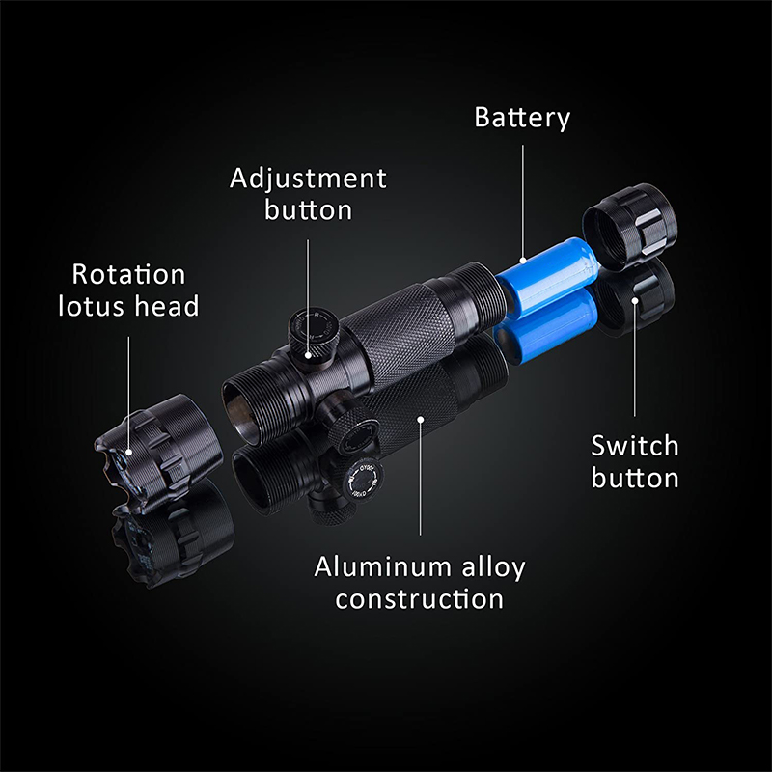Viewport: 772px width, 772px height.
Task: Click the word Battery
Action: pyautogui.click(x=522, y=118)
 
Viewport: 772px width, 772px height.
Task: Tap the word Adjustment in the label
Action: pyautogui.click(x=308, y=179)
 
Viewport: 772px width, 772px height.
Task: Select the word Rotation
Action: pyautogui.click(x=128, y=274)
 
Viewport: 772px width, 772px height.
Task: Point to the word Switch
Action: pyautogui.click(x=635, y=446)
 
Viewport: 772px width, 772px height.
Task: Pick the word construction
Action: pyautogui.click(x=420, y=599)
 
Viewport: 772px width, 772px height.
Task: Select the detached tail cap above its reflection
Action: pyautogui.click(x=629, y=227)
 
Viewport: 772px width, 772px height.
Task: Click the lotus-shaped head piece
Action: pyautogui.click(x=158, y=453)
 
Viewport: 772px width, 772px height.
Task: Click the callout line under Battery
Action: pyautogui.click(x=523, y=202)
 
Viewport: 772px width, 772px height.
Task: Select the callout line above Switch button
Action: pyautogui.click(x=635, y=358)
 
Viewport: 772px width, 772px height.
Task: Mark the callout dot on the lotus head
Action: pyautogui.click(x=129, y=452)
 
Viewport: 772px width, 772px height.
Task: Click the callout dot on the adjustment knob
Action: pyautogui.click(x=308, y=354)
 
